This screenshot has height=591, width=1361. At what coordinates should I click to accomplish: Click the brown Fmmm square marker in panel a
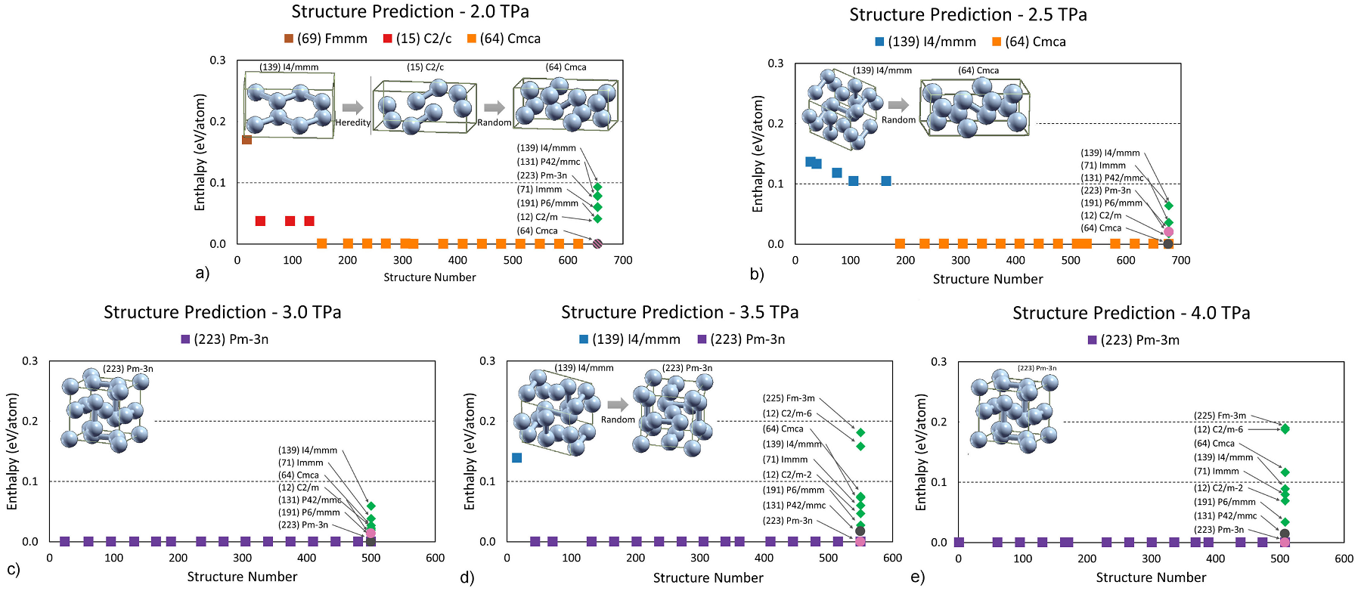click(246, 140)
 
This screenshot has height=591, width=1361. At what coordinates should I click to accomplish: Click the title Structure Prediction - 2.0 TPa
click(410, 12)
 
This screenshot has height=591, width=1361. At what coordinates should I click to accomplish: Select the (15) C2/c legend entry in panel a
click(417, 39)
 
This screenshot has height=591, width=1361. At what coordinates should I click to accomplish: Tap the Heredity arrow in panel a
click(352, 107)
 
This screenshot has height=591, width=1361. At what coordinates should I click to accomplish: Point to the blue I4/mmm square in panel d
click(517, 458)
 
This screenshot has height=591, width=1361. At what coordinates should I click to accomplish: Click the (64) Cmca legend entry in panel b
click(1029, 42)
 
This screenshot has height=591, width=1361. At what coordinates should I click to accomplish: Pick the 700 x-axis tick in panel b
click(1180, 260)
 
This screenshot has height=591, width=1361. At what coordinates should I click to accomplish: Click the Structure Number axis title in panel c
click(242, 577)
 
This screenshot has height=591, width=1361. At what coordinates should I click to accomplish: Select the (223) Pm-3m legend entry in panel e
click(1133, 340)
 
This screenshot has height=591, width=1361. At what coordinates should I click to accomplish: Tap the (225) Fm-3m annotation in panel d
click(789, 398)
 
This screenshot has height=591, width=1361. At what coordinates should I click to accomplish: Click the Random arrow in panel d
click(618, 404)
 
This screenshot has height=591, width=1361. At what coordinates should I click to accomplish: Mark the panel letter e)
click(917, 577)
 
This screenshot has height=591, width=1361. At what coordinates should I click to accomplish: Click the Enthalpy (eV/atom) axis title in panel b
click(758, 153)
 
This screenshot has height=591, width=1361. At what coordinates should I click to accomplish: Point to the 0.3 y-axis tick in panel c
click(30, 361)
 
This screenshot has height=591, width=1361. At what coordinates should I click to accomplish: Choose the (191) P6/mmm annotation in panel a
click(547, 203)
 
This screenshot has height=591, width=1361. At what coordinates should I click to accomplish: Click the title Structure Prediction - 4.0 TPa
click(1131, 313)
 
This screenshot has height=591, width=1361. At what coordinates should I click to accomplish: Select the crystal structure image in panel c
click(106, 410)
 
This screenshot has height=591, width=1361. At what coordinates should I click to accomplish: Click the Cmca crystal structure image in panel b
click(975, 107)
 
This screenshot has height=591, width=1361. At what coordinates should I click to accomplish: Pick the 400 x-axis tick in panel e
click(1215, 559)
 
